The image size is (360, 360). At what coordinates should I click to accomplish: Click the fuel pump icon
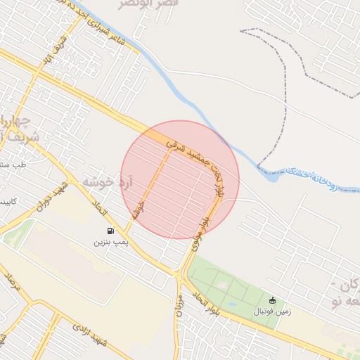coord(110,231)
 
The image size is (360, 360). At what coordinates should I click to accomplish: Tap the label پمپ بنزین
coord(110,242)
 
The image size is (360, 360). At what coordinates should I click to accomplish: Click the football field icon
coord(273,300)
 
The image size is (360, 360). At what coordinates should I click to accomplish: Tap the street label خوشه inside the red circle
coord(139,210)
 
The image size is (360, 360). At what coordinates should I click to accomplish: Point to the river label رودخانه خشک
coord(323,181)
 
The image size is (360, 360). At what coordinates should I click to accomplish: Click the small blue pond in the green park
coord(224,285)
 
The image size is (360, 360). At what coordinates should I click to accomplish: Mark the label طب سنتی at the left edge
coord(11,165)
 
